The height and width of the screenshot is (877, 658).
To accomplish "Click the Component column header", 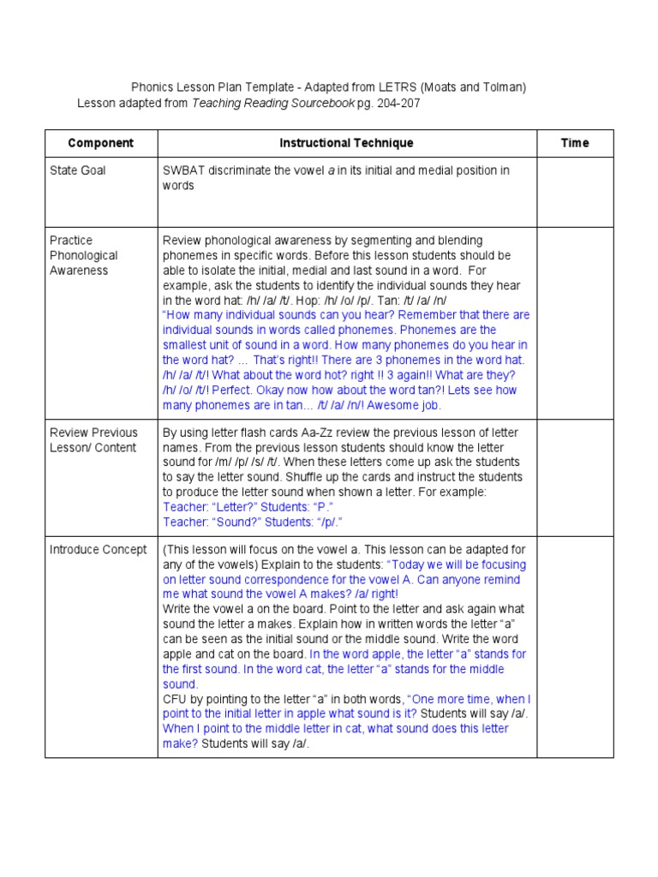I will pos(100,143).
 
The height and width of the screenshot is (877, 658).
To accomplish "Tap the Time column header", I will pos(575,143).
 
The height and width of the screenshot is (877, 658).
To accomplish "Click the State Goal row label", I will pos(78,170).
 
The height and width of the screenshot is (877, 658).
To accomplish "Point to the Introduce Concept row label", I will pos(99,550).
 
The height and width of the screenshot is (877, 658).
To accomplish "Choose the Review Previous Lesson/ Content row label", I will pos(93,440).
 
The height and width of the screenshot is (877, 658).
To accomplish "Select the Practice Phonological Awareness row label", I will pos(84,255).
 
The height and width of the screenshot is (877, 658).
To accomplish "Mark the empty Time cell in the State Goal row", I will pos(575,192).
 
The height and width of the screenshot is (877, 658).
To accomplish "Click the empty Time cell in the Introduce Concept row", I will pos(575,647).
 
